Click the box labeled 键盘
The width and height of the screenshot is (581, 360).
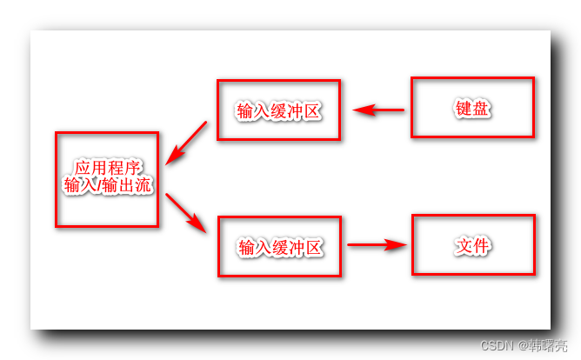coord(471,108)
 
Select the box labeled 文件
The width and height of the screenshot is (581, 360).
coord(471,245)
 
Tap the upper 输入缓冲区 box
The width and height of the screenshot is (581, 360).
coord(278,110)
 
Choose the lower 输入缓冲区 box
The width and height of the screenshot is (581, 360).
coord(279,247)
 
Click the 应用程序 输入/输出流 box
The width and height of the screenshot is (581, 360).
coord(107,179)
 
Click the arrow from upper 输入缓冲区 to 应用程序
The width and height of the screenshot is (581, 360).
coord(186,143)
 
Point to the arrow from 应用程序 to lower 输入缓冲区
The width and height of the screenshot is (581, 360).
coord(186,212)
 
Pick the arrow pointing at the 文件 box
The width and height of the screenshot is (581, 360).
coord(377,245)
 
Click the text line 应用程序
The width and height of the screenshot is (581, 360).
coord(108,168)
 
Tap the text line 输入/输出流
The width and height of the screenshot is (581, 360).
coord(108,185)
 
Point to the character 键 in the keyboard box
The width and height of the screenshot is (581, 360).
coord(463,109)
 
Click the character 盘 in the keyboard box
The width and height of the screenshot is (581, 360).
coord(481,109)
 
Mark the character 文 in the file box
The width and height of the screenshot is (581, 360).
coord(464,245)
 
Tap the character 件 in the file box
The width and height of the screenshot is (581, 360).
coord(481,245)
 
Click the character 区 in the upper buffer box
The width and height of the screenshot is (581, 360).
coord(314,111)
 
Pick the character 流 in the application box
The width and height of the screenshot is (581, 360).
coord(144,185)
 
